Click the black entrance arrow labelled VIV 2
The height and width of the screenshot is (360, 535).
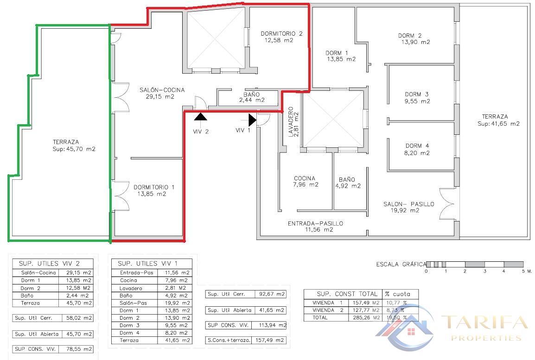200,117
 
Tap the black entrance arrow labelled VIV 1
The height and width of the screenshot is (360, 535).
252,120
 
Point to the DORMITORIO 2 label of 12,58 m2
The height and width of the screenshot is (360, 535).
281,37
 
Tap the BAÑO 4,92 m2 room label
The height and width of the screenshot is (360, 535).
347,183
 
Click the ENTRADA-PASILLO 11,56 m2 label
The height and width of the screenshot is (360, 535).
315,226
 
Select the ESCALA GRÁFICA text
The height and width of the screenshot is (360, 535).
401,264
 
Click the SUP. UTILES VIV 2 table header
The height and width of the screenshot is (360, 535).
52,263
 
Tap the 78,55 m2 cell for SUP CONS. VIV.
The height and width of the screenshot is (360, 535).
77,349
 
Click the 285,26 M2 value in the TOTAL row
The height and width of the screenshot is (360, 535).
365,317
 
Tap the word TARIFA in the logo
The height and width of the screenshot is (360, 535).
484,322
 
